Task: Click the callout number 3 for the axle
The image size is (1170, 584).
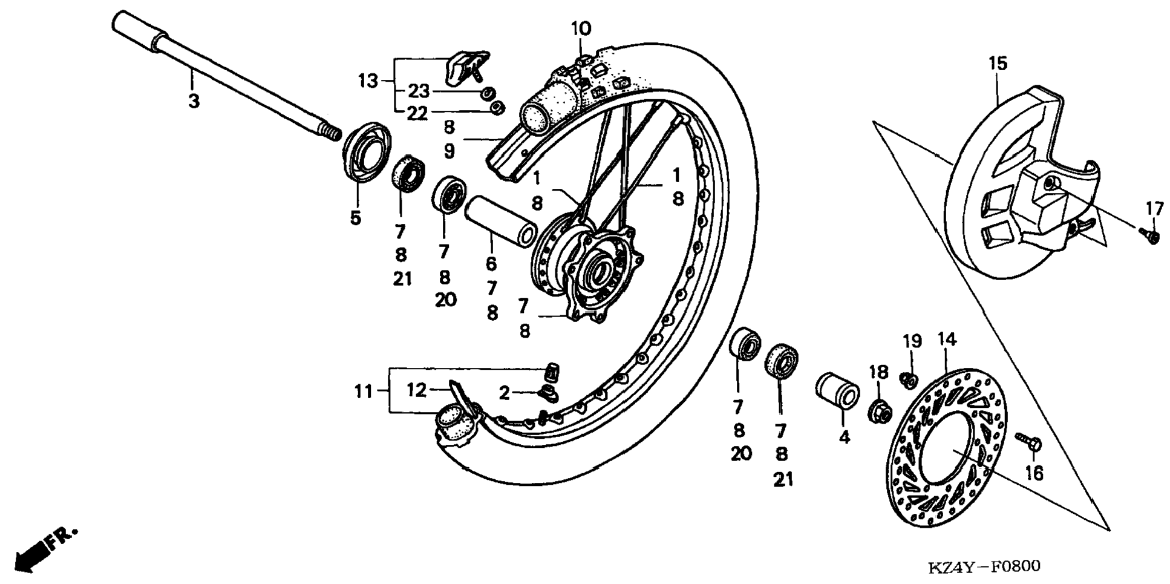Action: pos(194,101)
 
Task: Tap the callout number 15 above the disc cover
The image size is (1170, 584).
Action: pos(998,63)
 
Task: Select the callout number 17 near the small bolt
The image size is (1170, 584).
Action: pos(1154,209)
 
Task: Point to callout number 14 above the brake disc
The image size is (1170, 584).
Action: pos(947,340)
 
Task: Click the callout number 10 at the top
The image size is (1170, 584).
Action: pos(581,28)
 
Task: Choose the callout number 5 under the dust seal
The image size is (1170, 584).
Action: pos(355,218)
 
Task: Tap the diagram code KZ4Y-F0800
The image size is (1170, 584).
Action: pos(984,566)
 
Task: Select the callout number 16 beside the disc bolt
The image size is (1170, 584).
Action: pos(1034,473)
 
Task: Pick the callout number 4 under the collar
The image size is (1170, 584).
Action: pos(844,436)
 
